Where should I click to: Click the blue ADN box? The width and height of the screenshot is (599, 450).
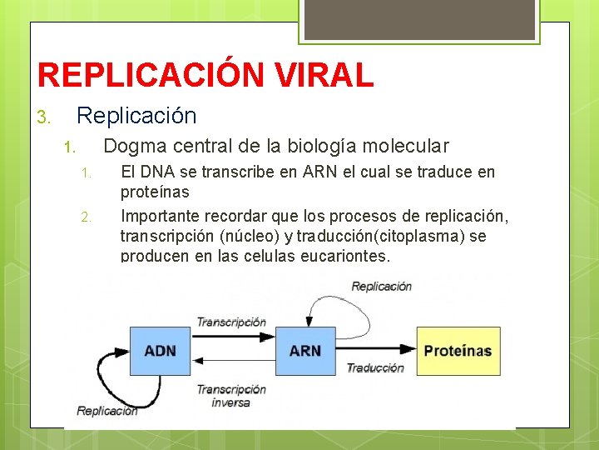[160, 351]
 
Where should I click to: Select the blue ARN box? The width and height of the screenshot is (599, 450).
[304, 351]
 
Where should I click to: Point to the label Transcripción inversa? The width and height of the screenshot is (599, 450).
[230, 396]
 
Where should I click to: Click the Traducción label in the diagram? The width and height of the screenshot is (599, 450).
[375, 367]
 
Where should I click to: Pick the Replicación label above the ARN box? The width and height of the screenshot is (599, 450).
[381, 286]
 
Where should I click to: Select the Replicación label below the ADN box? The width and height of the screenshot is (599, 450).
[107, 410]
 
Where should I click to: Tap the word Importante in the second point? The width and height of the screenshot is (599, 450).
[160, 217]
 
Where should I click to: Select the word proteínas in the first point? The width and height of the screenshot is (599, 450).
[155, 192]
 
